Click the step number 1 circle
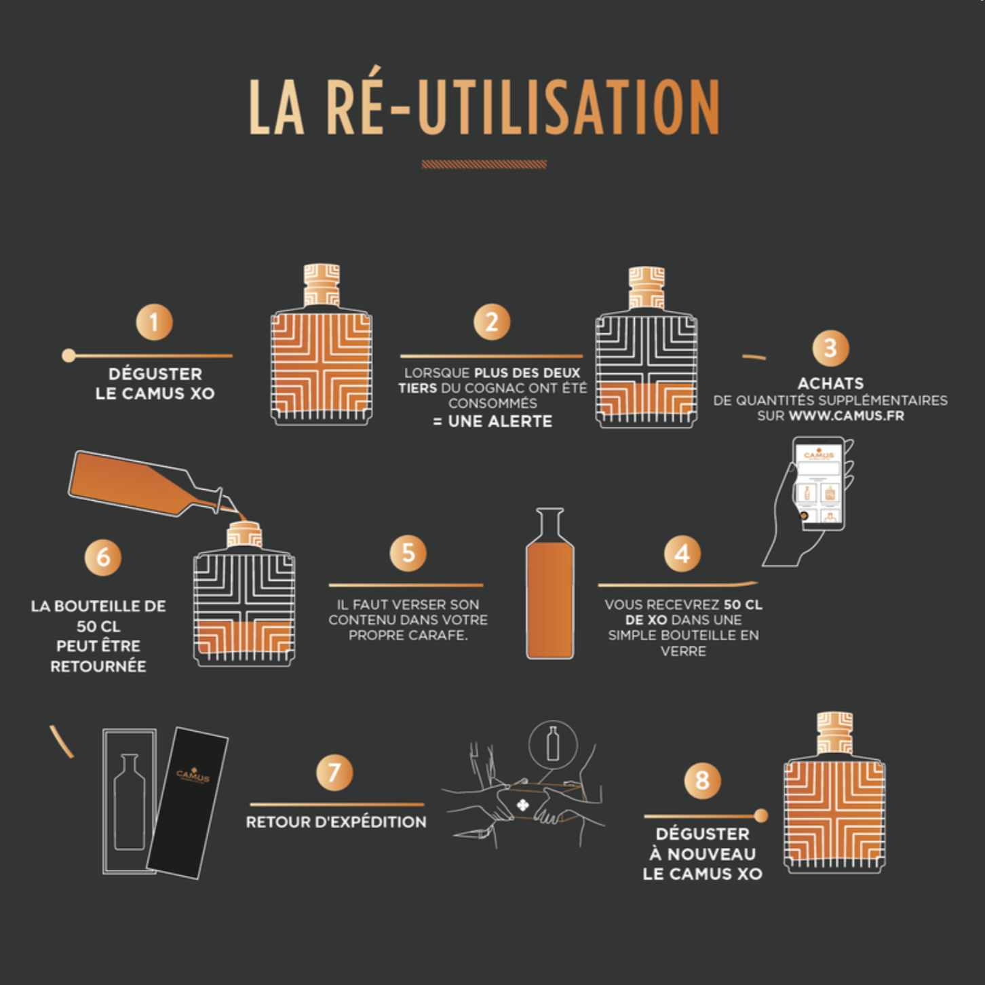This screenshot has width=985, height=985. (154, 322)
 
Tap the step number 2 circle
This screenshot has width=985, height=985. (492, 322)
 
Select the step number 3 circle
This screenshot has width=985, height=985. (830, 348)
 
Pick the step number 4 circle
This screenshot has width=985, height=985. (682, 554)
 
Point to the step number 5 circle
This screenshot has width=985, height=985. (408, 553)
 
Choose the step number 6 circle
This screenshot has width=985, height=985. (102, 557)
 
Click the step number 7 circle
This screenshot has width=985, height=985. (334, 773)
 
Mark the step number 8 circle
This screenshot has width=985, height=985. (702, 781)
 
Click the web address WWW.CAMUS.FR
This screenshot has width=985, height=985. (847, 416)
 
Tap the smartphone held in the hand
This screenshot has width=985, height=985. (819, 484)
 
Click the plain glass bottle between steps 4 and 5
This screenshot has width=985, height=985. (550, 583)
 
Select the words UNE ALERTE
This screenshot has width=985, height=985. (500, 421)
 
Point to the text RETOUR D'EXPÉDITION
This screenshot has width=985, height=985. (336, 822)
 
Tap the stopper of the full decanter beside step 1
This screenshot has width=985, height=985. (322, 285)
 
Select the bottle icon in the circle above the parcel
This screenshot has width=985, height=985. (553, 744)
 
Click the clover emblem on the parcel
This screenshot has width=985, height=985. (523, 805)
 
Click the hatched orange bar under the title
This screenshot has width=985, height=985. (484, 164)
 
